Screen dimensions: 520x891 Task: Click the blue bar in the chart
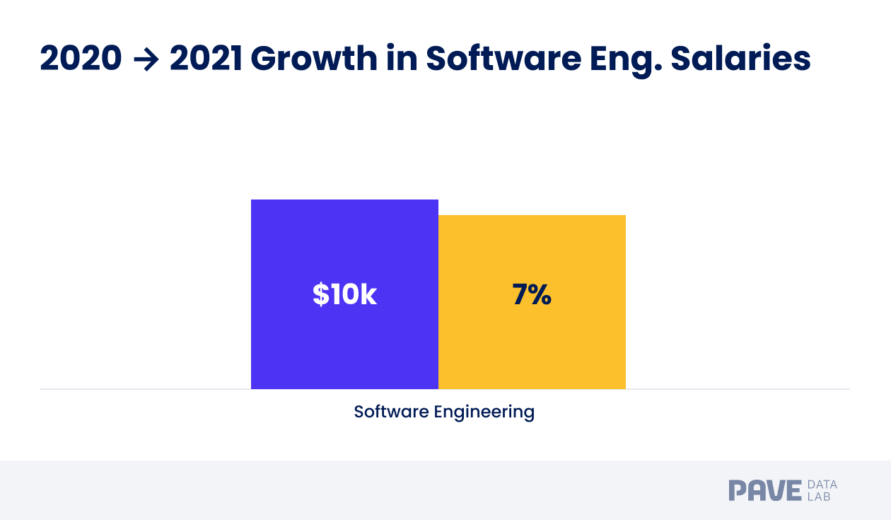[x=344, y=340]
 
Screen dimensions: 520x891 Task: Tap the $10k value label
[x=344, y=295]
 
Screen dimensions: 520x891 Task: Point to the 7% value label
[x=532, y=295]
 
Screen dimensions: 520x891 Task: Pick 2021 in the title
[x=206, y=59]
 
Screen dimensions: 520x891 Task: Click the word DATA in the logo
[x=822, y=485]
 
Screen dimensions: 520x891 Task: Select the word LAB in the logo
[x=819, y=497]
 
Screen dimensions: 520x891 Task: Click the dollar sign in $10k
[x=320, y=295]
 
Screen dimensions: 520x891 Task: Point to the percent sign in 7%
[x=540, y=295]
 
